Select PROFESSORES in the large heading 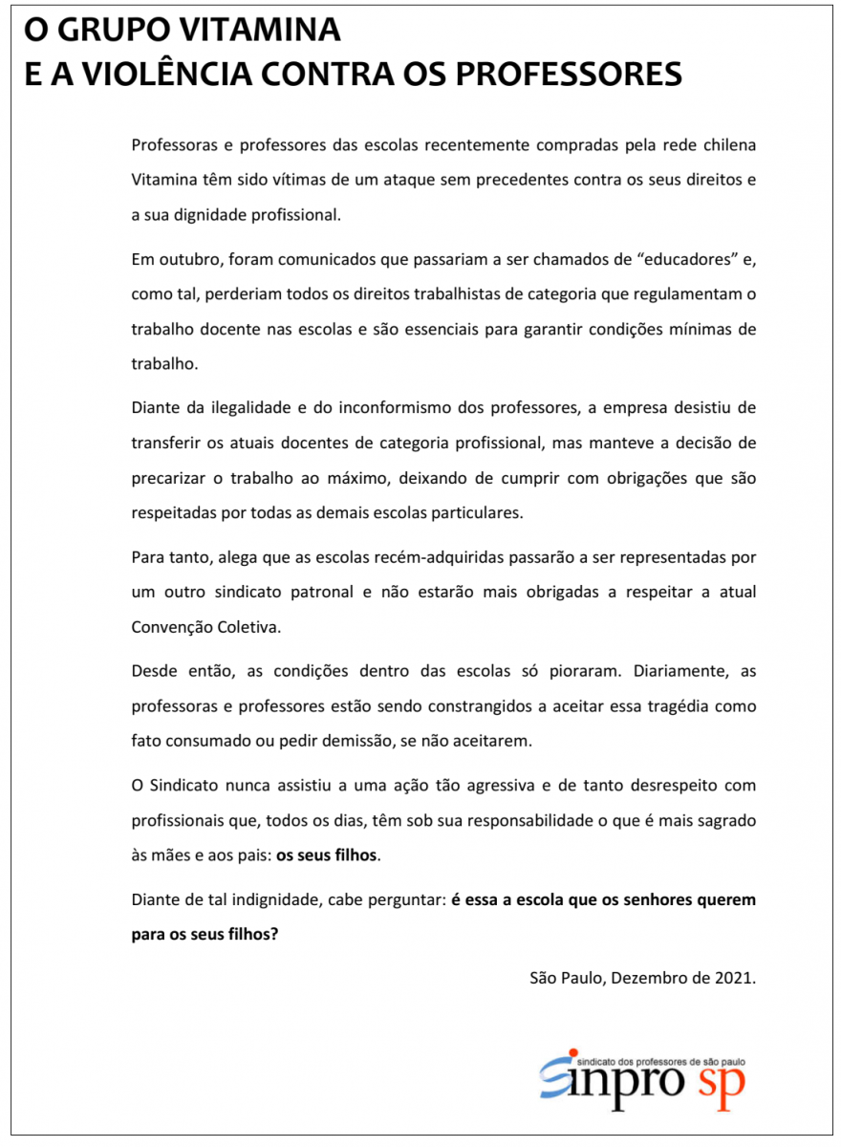[571, 74]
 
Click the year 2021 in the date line [733, 978]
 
